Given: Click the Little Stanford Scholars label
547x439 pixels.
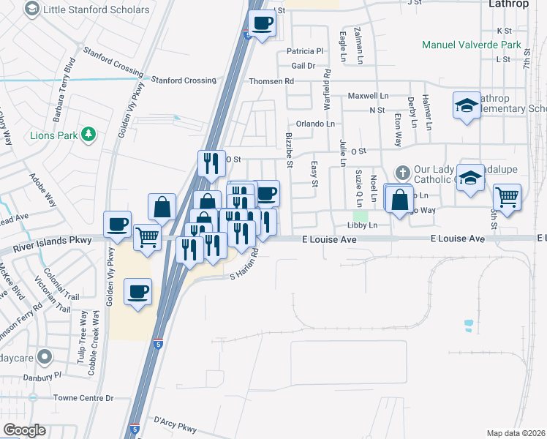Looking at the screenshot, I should (x=97, y=10).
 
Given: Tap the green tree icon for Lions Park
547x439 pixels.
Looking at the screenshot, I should (x=88, y=134).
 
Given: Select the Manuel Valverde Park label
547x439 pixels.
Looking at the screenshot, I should (x=471, y=45).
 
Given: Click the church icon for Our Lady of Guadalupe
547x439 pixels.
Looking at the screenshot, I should (x=402, y=173).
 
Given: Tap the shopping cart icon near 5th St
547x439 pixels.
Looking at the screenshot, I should (x=507, y=197).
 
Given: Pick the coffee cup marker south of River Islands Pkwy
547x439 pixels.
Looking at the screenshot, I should (x=137, y=292).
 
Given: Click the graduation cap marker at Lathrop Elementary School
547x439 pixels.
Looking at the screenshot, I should (x=466, y=105).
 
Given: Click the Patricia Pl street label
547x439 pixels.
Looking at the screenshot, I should (x=304, y=51).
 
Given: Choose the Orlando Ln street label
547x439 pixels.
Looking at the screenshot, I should (x=314, y=124).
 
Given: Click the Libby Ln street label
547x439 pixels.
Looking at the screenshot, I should (x=363, y=225).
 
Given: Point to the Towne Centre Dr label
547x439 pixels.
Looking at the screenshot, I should (x=86, y=398).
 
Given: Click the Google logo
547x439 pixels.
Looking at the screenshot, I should (x=24, y=430).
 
